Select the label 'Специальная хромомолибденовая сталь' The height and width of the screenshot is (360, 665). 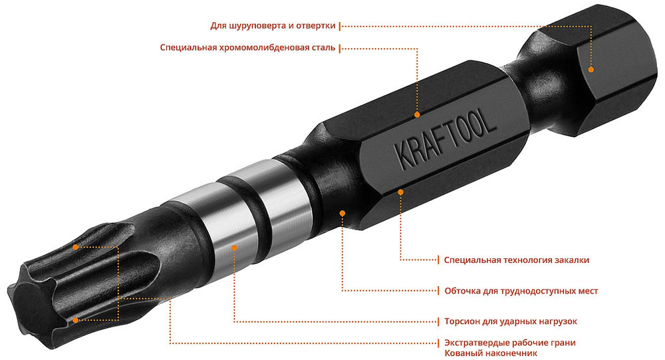coord(247,48)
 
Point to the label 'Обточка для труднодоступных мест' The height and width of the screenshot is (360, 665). coord(521,291)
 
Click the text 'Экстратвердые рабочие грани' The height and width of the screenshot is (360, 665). coord(509,343)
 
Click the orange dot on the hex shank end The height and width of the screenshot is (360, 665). coord(591,69)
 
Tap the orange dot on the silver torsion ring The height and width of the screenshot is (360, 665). coord(235,248)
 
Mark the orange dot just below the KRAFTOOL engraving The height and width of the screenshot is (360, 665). coord(401,192)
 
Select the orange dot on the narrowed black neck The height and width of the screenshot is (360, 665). coord(342,213)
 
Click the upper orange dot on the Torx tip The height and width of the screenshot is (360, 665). coord(76,247)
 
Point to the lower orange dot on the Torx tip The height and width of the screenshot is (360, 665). coord(76,319)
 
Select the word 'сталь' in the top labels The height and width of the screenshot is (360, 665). coord(323,48)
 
